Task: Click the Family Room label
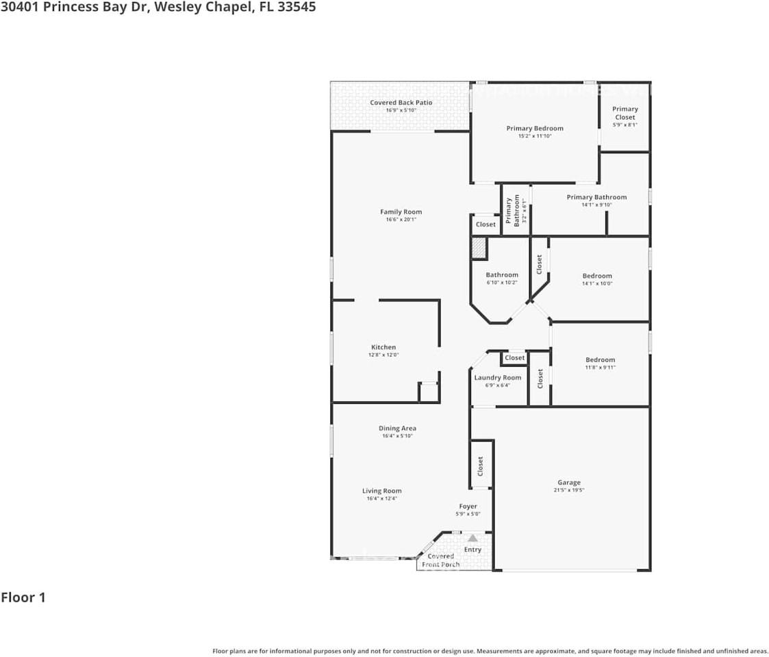tap(401, 212)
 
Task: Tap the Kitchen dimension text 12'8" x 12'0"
tap(383, 355)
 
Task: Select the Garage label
tap(568, 482)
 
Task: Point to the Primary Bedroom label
tap(535, 128)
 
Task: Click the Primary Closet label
tap(625, 113)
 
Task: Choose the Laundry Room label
tap(498, 378)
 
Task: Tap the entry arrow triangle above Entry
tap(472, 539)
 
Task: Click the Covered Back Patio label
tap(401, 103)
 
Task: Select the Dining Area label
tap(397, 428)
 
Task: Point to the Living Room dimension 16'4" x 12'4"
tap(381, 499)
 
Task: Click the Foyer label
tap(468, 506)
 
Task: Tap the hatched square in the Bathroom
tap(479, 248)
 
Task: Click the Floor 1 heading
tap(23, 597)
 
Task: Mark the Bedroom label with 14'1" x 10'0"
tap(597, 276)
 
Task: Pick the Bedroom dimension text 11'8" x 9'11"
tap(600, 368)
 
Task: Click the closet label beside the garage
tap(481, 466)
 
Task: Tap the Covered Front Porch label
tap(440, 561)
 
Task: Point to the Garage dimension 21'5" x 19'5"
tap(568, 491)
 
